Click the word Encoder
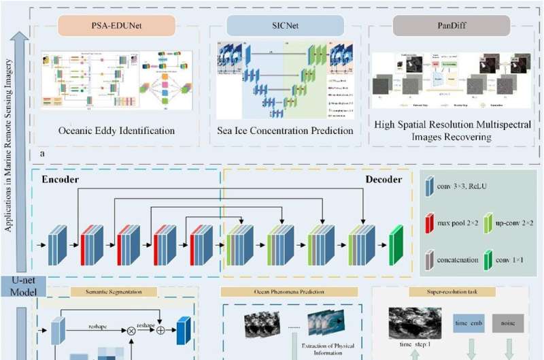[x=61, y=180]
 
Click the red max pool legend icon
[x=430, y=225]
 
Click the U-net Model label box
[x=22, y=286]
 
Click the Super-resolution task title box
[x=449, y=292]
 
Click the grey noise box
[x=509, y=323]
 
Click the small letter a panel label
[x=42, y=154]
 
